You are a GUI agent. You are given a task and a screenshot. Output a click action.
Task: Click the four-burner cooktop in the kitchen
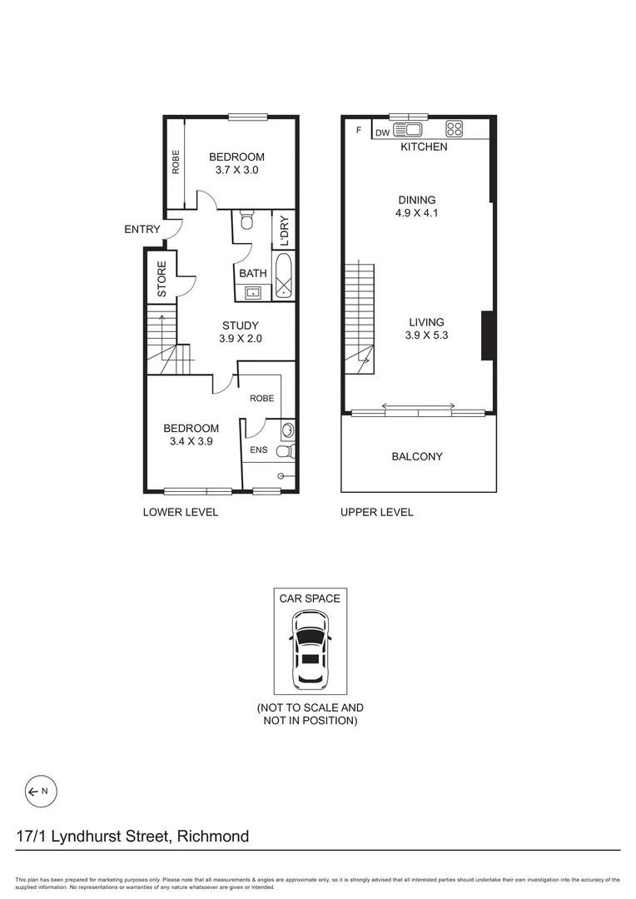(x=455, y=129)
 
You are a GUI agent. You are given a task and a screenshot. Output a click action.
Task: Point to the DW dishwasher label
(x=383, y=132)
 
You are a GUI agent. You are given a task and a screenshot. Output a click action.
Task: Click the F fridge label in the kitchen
(x=359, y=131)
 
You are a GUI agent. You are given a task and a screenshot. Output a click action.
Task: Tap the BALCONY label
(x=417, y=456)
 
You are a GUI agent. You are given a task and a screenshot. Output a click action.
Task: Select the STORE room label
(x=162, y=280)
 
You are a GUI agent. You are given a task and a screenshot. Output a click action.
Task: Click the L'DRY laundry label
(x=284, y=231)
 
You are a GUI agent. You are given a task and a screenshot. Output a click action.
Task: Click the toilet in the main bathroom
(x=246, y=221)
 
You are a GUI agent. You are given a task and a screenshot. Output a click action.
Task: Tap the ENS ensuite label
(x=258, y=450)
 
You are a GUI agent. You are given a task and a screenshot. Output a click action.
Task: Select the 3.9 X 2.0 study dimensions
(x=239, y=339)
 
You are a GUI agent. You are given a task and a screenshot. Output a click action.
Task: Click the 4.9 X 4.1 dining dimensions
(x=416, y=213)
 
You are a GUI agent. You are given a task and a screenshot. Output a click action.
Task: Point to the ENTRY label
(x=142, y=229)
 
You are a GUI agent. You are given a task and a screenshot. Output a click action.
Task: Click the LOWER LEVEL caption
(x=181, y=512)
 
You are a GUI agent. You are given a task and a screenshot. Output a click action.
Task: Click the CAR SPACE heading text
(x=309, y=598)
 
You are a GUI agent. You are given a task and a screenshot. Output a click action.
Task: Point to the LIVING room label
(x=425, y=322)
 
